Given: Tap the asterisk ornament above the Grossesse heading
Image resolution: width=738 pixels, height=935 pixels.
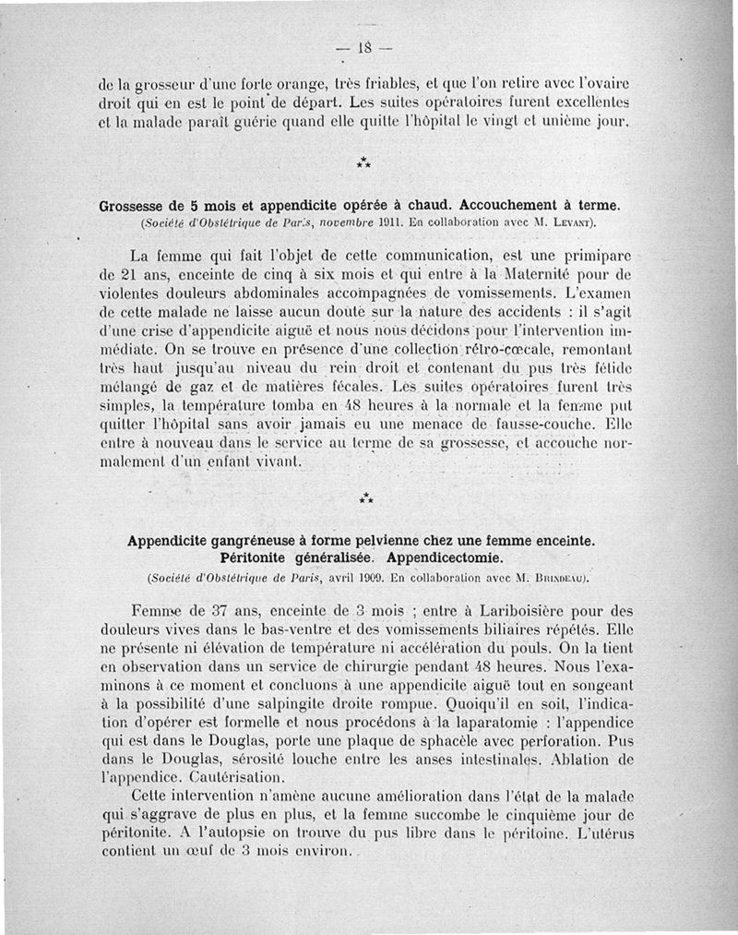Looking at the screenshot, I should point(365,162).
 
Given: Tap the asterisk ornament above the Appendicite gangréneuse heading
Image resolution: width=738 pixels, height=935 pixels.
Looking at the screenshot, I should point(365,498).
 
